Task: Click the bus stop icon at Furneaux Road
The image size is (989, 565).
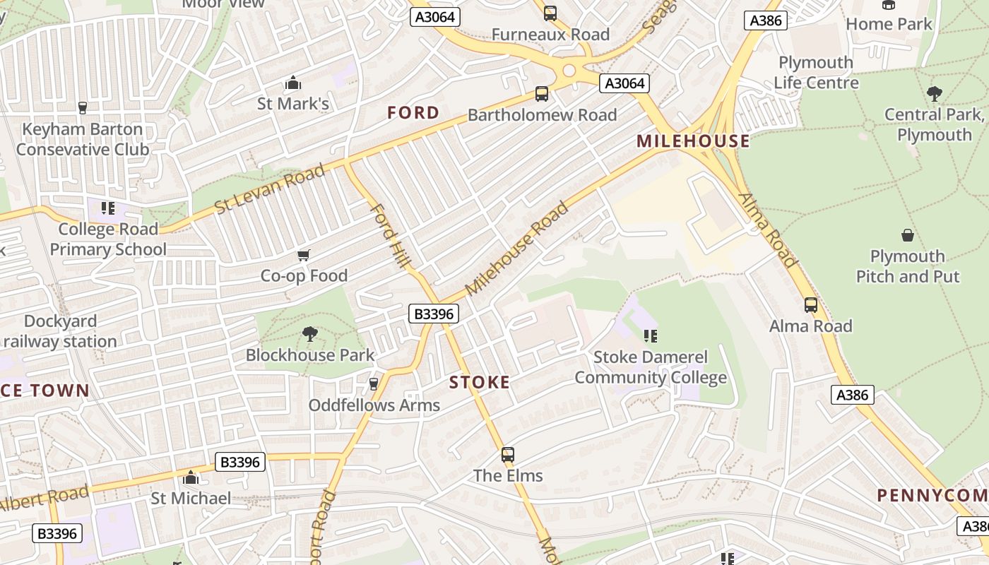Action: coord(550,13)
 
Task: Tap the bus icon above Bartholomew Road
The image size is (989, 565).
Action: coord(542,94)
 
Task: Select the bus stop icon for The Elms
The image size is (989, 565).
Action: coord(507,455)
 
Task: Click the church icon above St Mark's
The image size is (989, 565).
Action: coord(292,83)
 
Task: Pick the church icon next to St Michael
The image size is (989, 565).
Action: coord(190,478)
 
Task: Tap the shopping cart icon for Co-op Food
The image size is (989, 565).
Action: coord(304,255)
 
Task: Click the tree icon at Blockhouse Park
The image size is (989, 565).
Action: coord(309,334)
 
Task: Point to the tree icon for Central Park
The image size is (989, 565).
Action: coord(934,93)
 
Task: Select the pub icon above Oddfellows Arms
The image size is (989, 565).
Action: coord(374,384)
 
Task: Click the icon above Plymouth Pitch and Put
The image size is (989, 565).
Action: coord(908,235)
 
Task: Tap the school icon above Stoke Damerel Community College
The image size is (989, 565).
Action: coord(650,336)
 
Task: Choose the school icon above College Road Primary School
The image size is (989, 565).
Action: coord(107,208)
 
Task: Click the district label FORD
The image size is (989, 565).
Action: coord(413,112)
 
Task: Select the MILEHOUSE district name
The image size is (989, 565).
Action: coord(693,141)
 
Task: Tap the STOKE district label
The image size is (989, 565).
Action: coord(480,383)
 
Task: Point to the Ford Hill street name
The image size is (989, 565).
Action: coord(390,235)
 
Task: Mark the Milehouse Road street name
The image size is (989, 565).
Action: coord(517,249)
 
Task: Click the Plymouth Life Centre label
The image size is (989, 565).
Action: coord(816,73)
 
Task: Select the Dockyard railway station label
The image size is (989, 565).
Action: coord(59,332)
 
